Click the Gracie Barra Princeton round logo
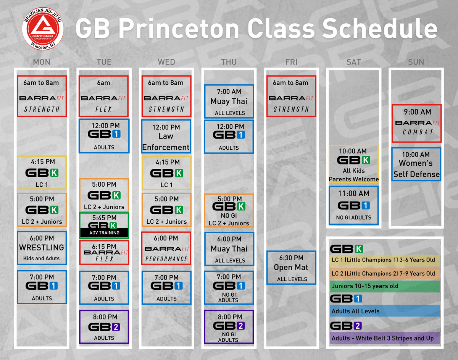pyautogui.click(x=43, y=29)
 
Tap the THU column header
pyautogui.click(x=229, y=62)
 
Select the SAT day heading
pyautogui.click(x=354, y=62)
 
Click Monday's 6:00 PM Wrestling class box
pyautogui.click(x=42, y=248)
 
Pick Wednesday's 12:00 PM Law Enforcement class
pyautogui.click(x=166, y=136)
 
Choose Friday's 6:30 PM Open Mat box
pyautogui.click(x=291, y=268)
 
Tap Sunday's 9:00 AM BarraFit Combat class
pyautogui.click(x=417, y=123)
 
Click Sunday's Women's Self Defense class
pyautogui.click(x=416, y=164)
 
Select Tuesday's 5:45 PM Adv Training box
pyautogui.click(x=104, y=226)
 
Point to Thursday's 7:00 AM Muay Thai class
pyautogui.click(x=229, y=102)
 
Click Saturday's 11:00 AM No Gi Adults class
pyautogui.click(x=354, y=205)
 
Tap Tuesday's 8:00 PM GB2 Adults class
pyautogui.click(x=104, y=327)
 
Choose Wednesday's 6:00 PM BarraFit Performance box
pyautogui.click(x=166, y=248)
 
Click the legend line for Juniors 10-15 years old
pyautogui.click(x=385, y=286)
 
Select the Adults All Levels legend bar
pyautogui.click(x=385, y=311)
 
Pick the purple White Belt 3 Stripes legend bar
pyautogui.click(x=385, y=338)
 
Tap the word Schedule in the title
pyautogui.click(x=380, y=28)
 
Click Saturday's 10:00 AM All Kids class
pyautogui.click(x=354, y=164)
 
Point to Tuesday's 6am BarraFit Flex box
pyautogui.click(x=104, y=96)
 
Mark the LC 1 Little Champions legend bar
pyautogui.click(x=385, y=260)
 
